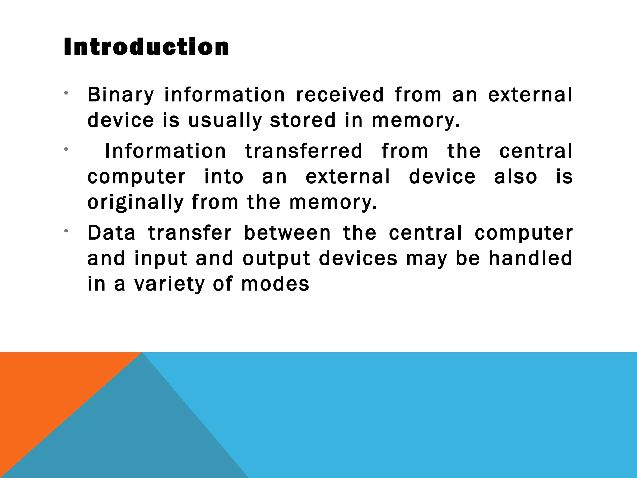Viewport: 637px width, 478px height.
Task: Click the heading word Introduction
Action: tap(146, 47)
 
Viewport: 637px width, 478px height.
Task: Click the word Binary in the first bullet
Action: tap(121, 95)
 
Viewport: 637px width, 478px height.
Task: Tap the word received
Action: tap(340, 95)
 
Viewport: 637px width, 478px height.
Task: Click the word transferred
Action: tap(304, 151)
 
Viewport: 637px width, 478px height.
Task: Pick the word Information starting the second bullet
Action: tap(165, 151)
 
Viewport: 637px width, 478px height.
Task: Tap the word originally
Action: tap(136, 202)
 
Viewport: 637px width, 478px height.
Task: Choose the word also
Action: tap(515, 177)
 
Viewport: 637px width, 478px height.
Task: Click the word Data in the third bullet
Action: tap(112, 233)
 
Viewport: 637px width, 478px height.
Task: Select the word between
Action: tap(287, 233)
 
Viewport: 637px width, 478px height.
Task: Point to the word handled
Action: tap(530, 258)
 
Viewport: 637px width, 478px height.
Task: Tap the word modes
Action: tap(275, 284)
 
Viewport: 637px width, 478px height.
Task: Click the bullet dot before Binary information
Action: tap(66, 93)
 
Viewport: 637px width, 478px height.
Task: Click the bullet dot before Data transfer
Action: tap(66, 231)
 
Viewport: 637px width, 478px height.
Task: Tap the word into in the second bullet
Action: tap(224, 177)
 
